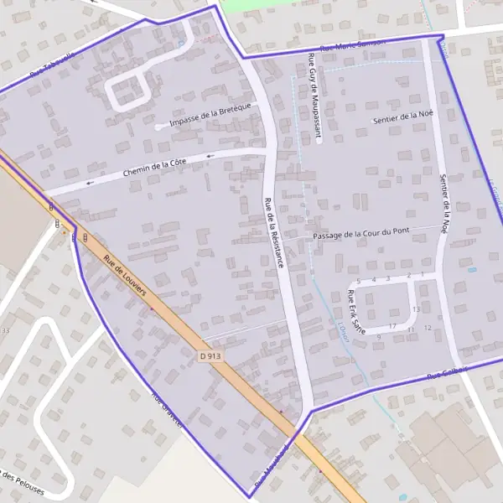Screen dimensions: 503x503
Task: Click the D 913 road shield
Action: (211, 356)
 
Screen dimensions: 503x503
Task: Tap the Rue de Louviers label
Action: (125, 277)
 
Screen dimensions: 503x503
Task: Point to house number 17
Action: (392, 326)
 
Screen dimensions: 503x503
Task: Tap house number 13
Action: (416, 309)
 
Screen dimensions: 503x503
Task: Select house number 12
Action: (428, 328)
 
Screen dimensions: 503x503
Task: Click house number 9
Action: (379, 336)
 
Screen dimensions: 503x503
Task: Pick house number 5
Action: (358, 280)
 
